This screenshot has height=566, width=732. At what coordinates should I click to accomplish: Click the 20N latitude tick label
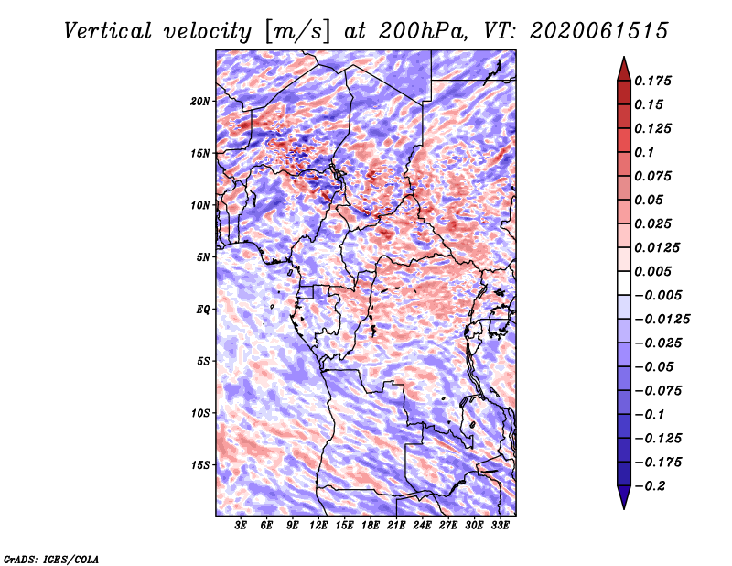(x=200, y=102)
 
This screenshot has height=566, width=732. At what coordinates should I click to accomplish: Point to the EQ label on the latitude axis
(x=203, y=310)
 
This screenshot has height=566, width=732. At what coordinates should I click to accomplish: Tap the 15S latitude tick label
(x=200, y=465)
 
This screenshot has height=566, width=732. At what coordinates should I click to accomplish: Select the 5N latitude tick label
(x=203, y=257)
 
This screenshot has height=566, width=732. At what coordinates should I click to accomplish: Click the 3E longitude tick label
(x=241, y=525)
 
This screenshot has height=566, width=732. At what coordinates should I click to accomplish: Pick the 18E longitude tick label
(x=371, y=525)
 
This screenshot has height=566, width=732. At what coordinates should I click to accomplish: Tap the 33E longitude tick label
(x=500, y=525)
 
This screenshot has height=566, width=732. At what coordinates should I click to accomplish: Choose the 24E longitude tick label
(x=422, y=525)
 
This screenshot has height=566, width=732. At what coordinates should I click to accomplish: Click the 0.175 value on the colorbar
(x=652, y=81)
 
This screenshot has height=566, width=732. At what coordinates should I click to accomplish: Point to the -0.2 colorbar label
(x=651, y=486)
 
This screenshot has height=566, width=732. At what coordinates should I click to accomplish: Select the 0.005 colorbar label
(x=652, y=271)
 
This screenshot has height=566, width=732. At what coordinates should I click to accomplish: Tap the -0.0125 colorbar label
(x=662, y=320)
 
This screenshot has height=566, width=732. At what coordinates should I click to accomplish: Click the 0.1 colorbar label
(x=644, y=152)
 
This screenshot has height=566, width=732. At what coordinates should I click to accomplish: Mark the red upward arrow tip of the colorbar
(x=624, y=58)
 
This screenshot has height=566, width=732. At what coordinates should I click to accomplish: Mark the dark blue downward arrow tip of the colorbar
(x=624, y=507)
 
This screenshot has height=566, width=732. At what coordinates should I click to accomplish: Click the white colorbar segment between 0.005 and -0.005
(x=624, y=283)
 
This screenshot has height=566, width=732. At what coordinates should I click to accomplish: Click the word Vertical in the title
(x=108, y=31)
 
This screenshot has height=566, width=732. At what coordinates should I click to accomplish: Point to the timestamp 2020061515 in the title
(x=599, y=31)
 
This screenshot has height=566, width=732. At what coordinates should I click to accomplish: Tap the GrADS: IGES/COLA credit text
(x=51, y=559)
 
